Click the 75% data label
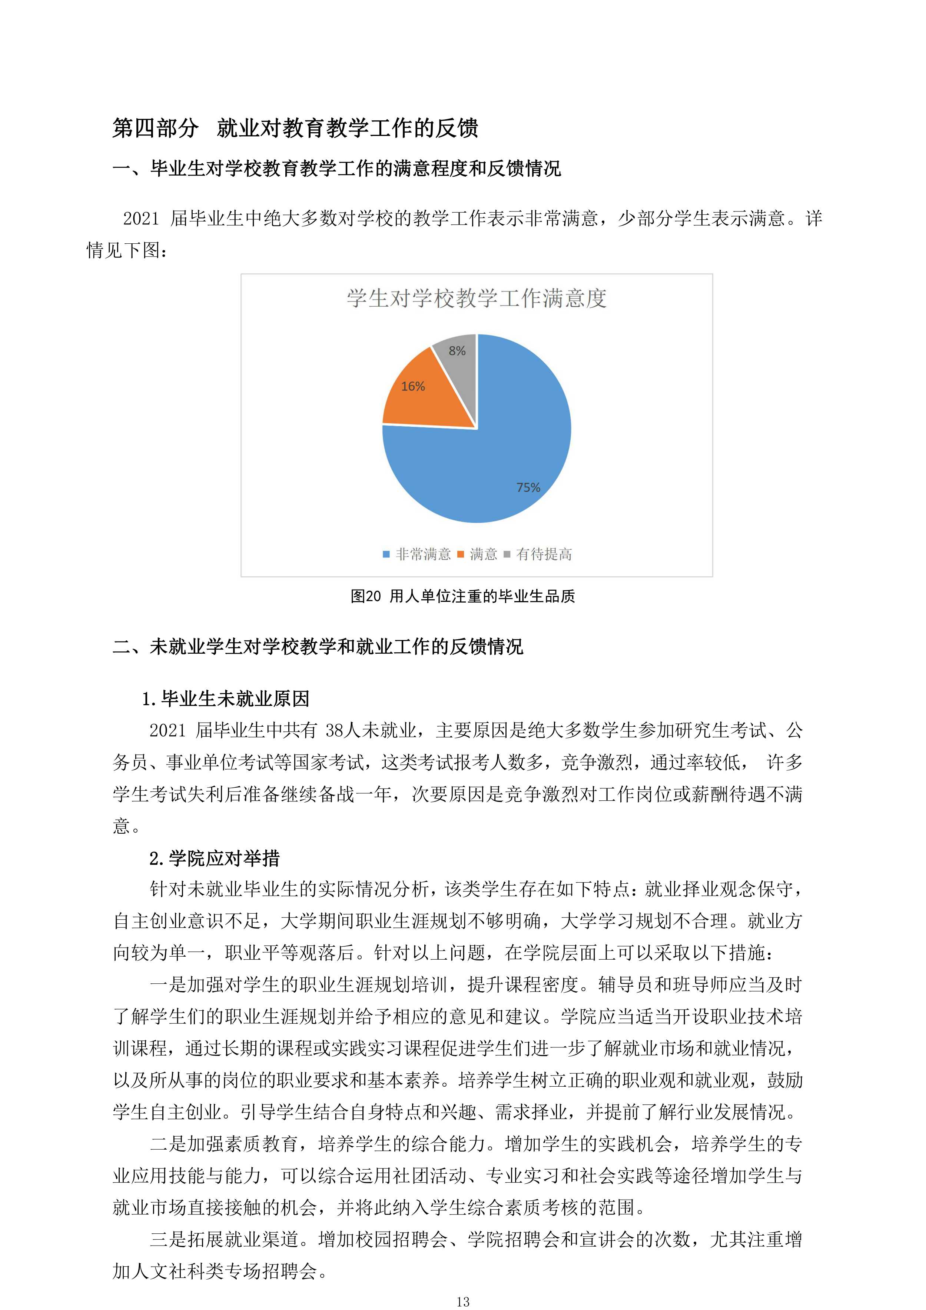coord(528,487)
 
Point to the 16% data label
coord(413,386)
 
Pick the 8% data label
coord(457,350)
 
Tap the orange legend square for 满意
coord(461,554)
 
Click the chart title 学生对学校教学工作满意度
coord(477,298)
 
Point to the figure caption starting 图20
coord(462,596)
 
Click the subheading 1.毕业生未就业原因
coord(226,699)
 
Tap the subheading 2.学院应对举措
coord(215,858)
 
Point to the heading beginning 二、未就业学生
coord(318,646)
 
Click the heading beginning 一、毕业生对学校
coord(337,168)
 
